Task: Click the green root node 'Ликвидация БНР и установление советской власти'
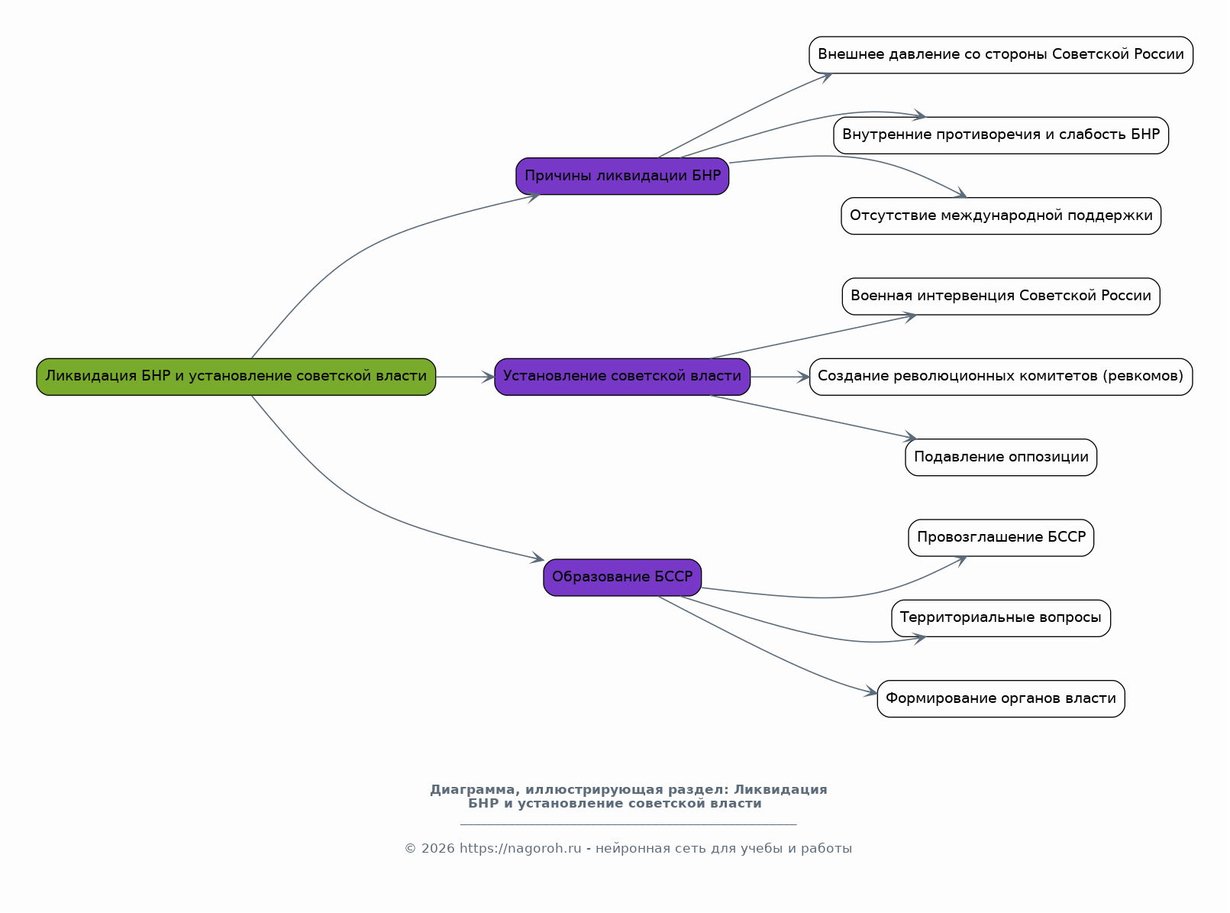(236, 377)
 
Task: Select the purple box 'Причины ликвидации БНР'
(622, 176)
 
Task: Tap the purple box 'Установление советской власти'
(622, 377)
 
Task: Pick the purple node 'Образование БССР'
(622, 578)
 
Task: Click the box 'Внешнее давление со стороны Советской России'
(1001, 55)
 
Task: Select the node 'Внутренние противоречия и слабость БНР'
(1001, 135)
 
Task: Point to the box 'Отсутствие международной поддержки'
(1001, 216)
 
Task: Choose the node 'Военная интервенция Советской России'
(1001, 296)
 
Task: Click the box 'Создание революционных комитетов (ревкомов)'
(1001, 377)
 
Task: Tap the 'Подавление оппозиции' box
(1001, 458)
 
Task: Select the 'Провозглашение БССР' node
(1001, 538)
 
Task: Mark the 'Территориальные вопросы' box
(1001, 618)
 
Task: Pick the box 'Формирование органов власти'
(1001, 699)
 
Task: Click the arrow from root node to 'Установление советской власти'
(465, 377)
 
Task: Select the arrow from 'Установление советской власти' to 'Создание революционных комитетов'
(780, 377)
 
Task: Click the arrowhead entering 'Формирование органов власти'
(870, 691)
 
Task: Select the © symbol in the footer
(410, 848)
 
